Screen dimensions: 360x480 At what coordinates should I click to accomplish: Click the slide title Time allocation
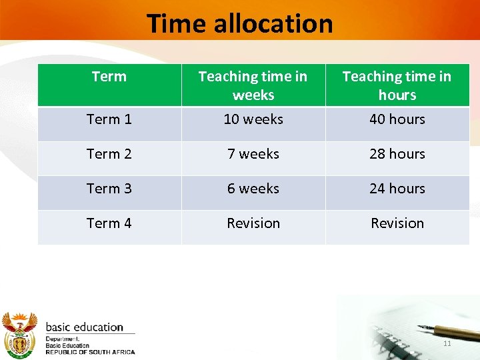point(239,23)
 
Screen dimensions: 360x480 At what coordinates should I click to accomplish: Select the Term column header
point(109,77)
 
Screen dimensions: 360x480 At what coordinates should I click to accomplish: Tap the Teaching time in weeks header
point(253,85)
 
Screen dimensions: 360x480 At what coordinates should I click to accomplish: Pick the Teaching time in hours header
point(397,85)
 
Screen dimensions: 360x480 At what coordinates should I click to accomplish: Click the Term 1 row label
point(109,119)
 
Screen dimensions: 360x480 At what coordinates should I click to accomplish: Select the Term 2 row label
point(109,154)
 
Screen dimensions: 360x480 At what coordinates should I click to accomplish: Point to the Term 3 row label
point(109,189)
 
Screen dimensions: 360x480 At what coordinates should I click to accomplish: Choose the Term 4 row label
point(109,223)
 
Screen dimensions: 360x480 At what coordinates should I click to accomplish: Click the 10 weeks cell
point(253,119)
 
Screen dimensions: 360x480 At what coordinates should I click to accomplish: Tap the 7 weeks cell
point(253,154)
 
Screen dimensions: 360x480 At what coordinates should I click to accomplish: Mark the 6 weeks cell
point(253,189)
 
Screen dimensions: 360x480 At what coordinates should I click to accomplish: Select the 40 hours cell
point(397,119)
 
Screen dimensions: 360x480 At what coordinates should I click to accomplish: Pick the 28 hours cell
point(397,154)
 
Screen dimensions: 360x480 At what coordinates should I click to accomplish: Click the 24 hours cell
point(397,189)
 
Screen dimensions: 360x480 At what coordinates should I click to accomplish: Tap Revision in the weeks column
point(253,223)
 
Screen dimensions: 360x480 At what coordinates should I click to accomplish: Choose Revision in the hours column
point(397,223)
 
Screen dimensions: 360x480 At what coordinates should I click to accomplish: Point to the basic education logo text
point(85,327)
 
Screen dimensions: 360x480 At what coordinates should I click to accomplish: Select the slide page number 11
point(447,343)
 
